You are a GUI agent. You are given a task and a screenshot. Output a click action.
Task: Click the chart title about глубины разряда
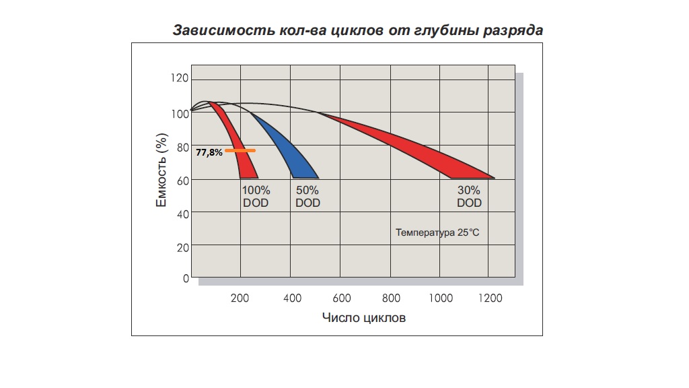[357, 30]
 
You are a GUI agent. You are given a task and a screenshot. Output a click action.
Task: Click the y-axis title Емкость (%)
[161, 172]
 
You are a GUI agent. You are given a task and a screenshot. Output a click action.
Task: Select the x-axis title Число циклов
[363, 317]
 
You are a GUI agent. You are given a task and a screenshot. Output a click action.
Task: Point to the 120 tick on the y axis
[180, 79]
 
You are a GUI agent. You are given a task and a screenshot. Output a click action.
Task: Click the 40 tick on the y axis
[182, 213]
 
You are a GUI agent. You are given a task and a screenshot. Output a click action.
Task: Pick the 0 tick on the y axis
[186, 278]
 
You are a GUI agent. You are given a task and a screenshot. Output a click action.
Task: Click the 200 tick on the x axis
[240, 298]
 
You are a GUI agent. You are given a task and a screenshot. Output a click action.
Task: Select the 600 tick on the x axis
[341, 298]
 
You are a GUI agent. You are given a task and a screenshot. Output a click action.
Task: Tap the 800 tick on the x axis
[391, 298]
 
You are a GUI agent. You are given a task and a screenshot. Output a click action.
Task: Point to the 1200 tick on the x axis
[490, 298]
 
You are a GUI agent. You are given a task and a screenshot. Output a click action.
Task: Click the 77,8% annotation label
[209, 153]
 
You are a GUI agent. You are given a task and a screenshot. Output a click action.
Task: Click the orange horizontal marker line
[240, 150]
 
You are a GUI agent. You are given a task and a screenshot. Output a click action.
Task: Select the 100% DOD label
[256, 197]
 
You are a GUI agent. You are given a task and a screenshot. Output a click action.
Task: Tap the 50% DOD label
[307, 197]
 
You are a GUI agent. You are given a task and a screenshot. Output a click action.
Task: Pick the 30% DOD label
[469, 197]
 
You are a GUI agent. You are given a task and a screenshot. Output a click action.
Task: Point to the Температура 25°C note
[437, 233]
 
